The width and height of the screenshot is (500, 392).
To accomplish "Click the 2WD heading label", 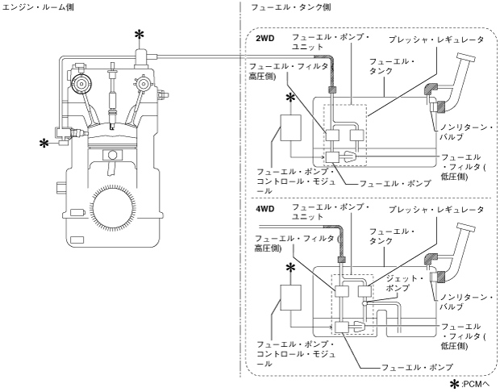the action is point(265,39).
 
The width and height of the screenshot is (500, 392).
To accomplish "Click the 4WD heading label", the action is point(265,209).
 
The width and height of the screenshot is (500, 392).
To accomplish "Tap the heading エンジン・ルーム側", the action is point(38,7).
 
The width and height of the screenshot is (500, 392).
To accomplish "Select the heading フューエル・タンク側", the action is point(291,7).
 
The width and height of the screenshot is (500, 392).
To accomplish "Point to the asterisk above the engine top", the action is point(139,35).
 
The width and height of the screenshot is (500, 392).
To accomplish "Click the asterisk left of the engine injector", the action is point(44,144).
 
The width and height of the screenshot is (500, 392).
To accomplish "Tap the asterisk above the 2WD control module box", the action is point(290,98).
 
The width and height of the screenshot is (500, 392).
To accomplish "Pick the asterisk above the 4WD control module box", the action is point(290,269).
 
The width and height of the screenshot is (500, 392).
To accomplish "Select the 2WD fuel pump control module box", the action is point(290,128).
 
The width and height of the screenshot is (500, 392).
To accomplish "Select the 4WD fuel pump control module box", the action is point(290,298).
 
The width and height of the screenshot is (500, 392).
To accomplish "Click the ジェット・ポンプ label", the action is point(404,283).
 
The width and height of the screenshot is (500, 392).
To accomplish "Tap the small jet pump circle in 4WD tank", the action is point(365,303).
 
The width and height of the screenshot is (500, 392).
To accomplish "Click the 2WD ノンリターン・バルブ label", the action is point(466,132).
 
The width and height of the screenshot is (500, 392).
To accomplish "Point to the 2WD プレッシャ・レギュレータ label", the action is point(436,40).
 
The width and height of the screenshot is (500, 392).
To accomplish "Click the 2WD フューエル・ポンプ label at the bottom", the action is point(395,184).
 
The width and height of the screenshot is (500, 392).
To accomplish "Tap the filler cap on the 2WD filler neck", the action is point(466,57).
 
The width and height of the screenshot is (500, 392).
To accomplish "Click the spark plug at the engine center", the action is point(112,96).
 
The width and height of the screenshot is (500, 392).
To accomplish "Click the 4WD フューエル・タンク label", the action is point(392,236).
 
